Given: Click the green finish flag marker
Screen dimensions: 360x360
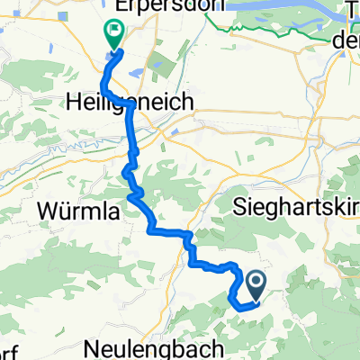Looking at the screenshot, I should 114,34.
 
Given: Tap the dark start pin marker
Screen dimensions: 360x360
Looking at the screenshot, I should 256,286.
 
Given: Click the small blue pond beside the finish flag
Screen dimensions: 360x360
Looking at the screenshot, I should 110,57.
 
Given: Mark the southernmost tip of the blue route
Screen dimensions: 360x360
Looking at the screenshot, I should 241,306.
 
